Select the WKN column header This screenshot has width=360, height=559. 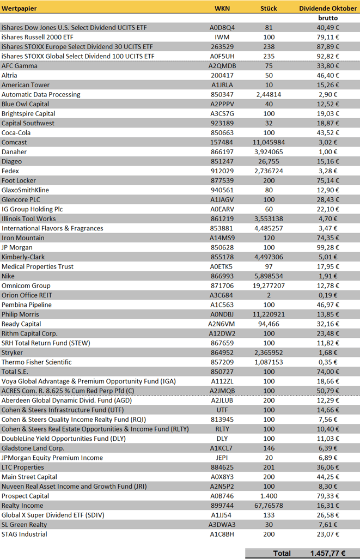pyautogui.click(x=222, y=8)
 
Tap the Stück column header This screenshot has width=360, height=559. pyautogui.click(x=269, y=8)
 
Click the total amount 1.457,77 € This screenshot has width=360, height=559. pyautogui.click(x=327, y=552)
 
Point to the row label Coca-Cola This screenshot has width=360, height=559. pyautogui.click(x=16, y=132)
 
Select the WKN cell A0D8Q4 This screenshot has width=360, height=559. pyautogui.click(x=222, y=27)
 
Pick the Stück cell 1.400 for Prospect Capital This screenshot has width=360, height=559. pyautogui.click(x=269, y=496)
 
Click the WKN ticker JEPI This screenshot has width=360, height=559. pyautogui.click(x=222, y=458)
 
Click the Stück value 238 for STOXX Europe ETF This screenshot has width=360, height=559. pyautogui.click(x=269, y=46)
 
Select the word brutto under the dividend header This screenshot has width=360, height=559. pyautogui.click(x=328, y=18)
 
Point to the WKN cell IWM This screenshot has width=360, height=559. pyautogui.click(x=222, y=37)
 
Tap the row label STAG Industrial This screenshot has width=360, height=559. pyautogui.click(x=25, y=534)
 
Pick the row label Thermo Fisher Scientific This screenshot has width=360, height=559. pyautogui.click(x=36, y=362)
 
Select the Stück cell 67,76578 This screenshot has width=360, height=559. pyautogui.click(x=269, y=506)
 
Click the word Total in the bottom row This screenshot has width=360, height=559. pyautogui.click(x=282, y=552)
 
